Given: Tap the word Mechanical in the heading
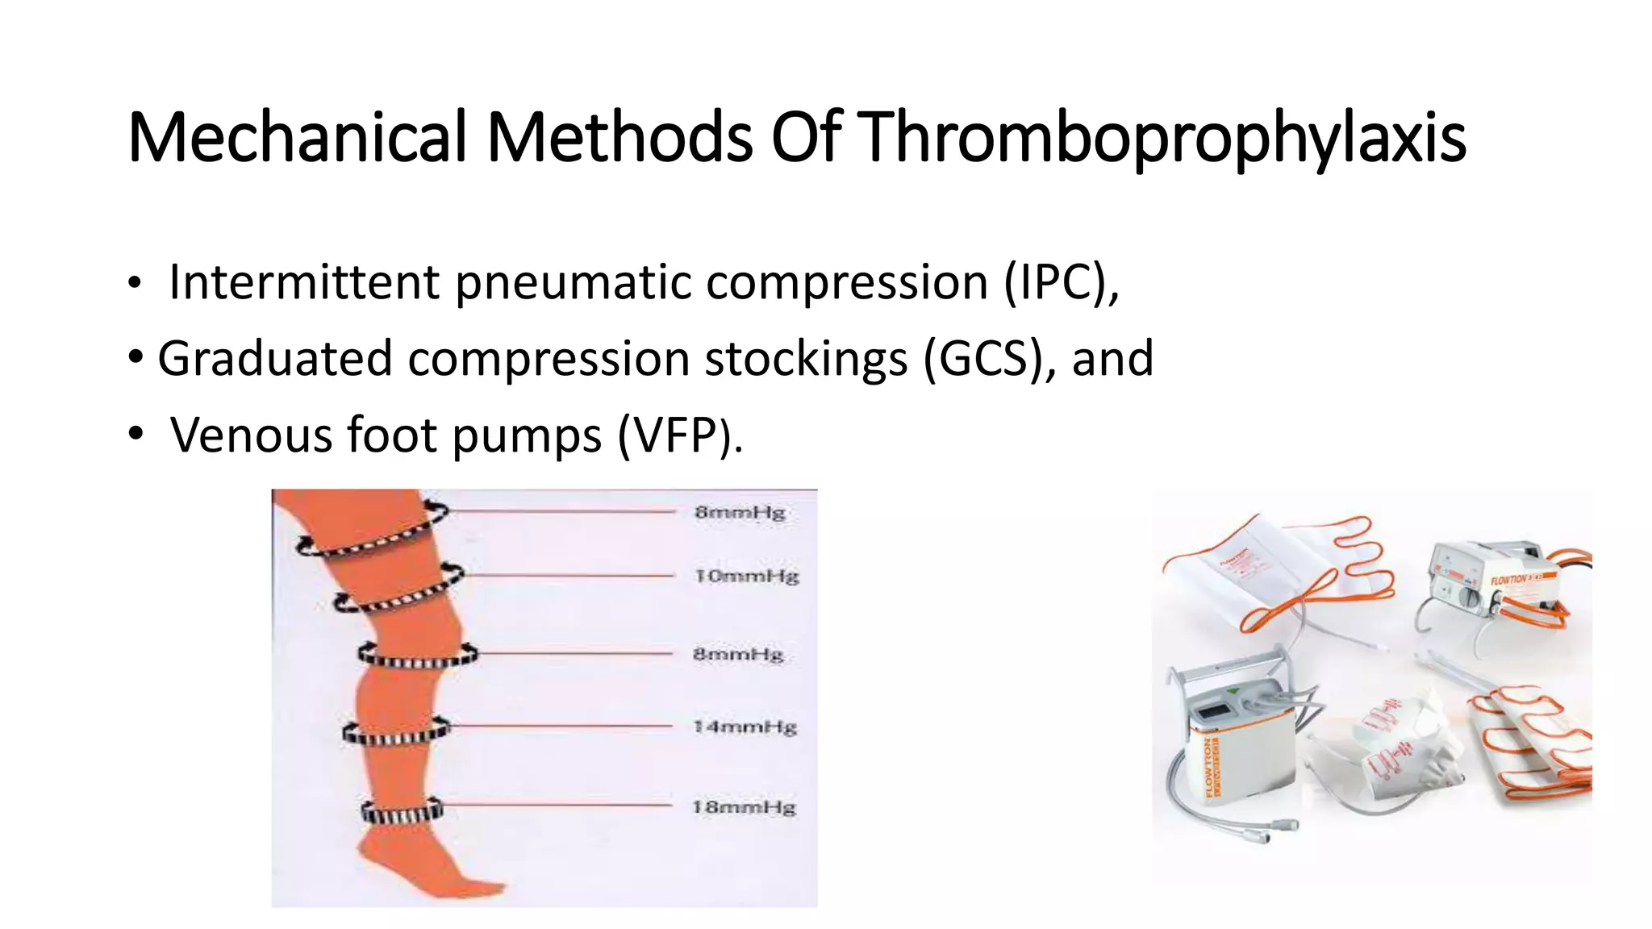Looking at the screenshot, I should click(x=297, y=137).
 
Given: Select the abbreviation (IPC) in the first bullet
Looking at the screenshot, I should click(x=1062, y=282).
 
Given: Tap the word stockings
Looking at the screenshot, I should click(x=806, y=359).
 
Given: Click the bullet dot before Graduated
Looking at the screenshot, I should click(x=136, y=355).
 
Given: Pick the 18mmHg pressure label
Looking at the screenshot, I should click(x=744, y=807).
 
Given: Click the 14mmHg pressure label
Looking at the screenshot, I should click(x=745, y=727).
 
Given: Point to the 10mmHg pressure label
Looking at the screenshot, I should click(x=746, y=577).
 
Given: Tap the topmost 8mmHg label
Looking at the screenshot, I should click(x=740, y=513).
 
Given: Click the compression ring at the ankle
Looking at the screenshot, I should click(x=401, y=811).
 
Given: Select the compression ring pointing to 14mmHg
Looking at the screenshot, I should click(x=394, y=733).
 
